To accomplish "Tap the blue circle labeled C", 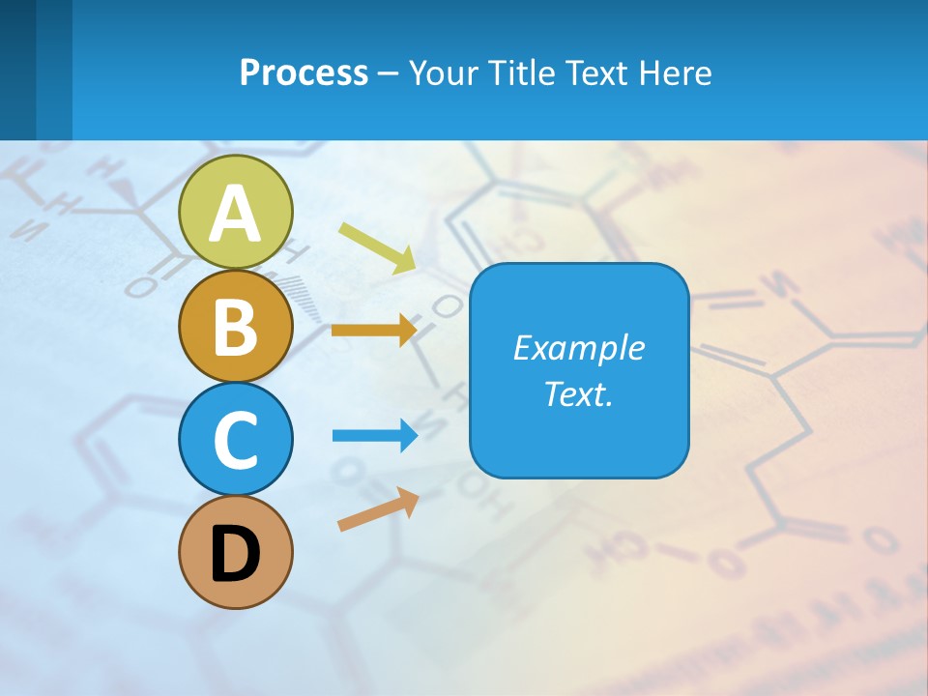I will pyautogui.click(x=236, y=440).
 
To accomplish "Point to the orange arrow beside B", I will pyautogui.click(x=374, y=331).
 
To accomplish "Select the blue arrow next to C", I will pyautogui.click(x=375, y=436).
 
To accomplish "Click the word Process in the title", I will pyautogui.click(x=304, y=72).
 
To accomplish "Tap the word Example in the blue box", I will pyautogui.click(x=578, y=348).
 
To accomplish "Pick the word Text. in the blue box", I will pyautogui.click(x=578, y=393).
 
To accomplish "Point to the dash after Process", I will pyautogui.click(x=389, y=73).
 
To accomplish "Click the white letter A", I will pyautogui.click(x=236, y=214).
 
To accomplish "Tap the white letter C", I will pyautogui.click(x=236, y=440).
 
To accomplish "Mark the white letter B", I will pyautogui.click(x=236, y=327).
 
